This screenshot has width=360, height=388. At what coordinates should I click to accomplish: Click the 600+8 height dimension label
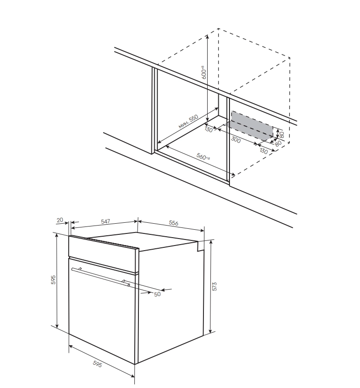tap(203, 72)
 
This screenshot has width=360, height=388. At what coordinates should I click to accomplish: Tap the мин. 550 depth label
tap(189, 122)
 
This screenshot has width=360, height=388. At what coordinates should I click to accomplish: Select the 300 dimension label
tap(236, 140)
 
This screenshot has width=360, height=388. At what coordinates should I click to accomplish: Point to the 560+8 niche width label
tap(203, 156)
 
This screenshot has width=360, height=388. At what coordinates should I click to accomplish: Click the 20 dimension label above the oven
tap(60, 220)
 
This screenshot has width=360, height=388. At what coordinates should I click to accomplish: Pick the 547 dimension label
tap(105, 221)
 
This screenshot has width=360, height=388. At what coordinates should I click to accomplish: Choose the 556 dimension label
tap(174, 223)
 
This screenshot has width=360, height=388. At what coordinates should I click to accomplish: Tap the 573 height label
tap(215, 286)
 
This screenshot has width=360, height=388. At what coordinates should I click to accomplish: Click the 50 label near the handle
tap(157, 294)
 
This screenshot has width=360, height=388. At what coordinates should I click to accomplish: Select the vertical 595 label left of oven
tap(53, 280)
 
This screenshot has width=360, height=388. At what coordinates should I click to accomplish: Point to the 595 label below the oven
tap(97, 364)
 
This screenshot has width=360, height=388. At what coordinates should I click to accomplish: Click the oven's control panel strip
tap(104, 254)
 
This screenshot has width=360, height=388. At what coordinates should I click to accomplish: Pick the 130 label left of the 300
tap(209, 129)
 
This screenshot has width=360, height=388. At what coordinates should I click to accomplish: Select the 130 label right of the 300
tap(264, 150)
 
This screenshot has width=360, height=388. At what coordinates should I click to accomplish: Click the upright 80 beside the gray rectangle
tap(281, 135)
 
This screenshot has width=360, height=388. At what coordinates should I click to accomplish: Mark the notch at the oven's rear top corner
tap(201, 246)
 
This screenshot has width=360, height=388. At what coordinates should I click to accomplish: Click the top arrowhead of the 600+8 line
tap(207, 36)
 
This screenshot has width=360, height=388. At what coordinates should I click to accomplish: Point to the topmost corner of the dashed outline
tap(218, 28)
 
